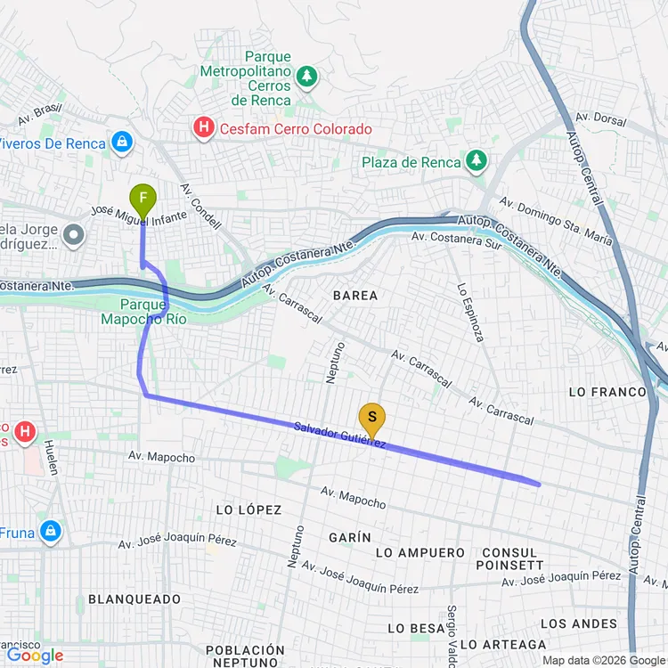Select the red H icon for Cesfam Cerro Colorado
(204, 129)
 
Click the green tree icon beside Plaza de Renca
(478, 161)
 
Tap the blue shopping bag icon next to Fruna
(51, 531)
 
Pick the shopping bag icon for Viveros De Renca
(122, 142)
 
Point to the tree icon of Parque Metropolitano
(307, 77)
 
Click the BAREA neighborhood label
(354, 295)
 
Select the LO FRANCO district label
(607, 392)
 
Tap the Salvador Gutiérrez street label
(339, 435)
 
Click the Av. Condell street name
(200, 207)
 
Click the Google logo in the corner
(36, 656)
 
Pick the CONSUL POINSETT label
(509, 558)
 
